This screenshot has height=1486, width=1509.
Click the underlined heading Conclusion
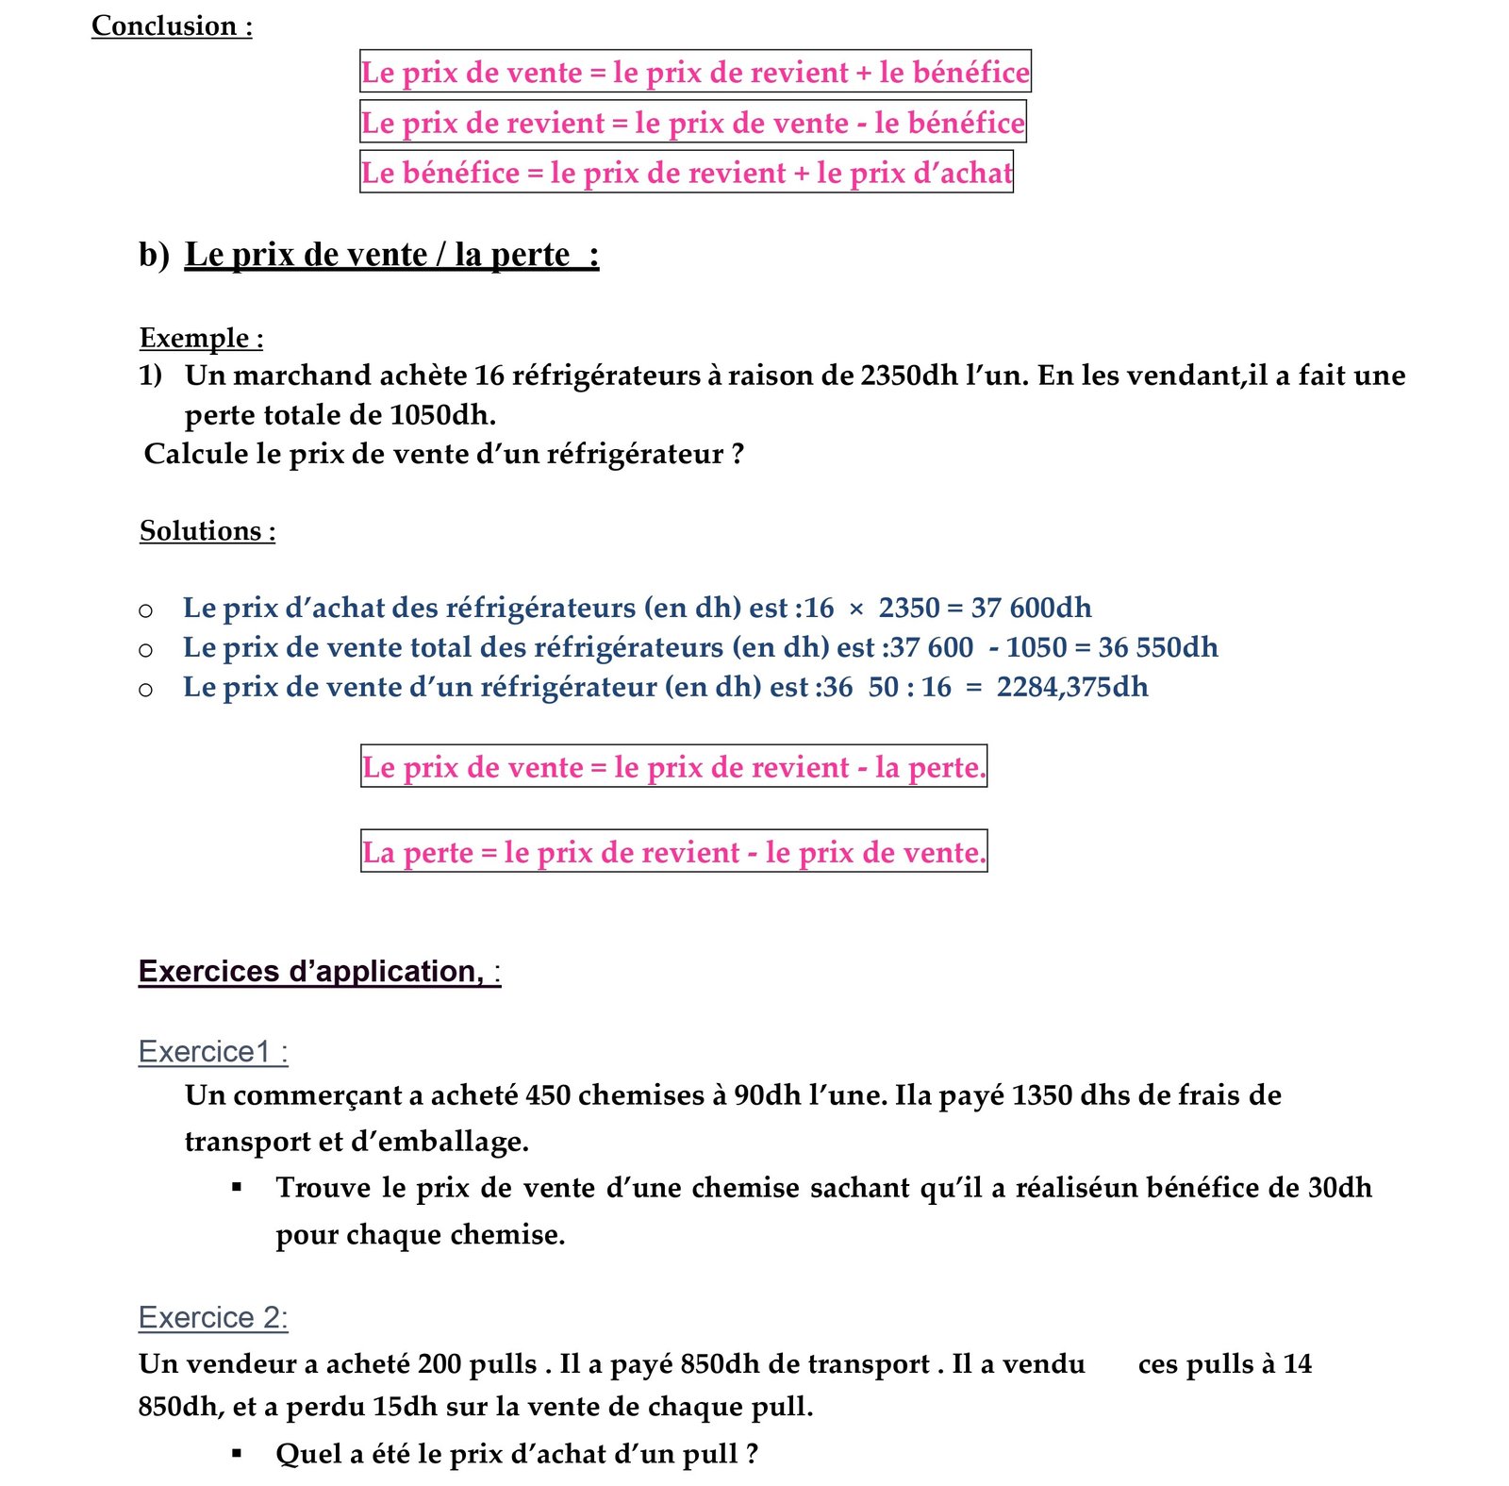tap(171, 25)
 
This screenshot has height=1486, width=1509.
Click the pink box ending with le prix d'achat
tap(686, 173)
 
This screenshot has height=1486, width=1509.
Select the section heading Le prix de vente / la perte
tap(390, 255)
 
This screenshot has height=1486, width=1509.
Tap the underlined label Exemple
tap(201, 338)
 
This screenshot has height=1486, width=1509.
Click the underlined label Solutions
tap(207, 531)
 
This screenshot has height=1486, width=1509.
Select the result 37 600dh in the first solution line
tap(1031, 608)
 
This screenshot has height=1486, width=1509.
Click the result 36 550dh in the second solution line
tap(1157, 647)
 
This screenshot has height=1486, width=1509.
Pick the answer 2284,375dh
tap(1072, 687)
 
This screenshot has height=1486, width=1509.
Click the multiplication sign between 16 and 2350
tap(855, 609)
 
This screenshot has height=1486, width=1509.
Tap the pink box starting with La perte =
tap(673, 852)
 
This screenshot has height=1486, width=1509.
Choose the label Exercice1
tap(213, 1051)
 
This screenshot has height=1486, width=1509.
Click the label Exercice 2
tap(213, 1317)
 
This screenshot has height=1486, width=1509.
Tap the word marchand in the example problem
tap(302, 376)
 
